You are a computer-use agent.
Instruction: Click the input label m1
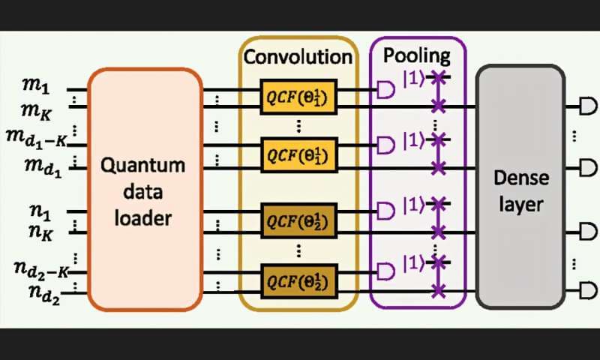pos(34,89)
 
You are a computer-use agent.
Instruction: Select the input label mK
pos(35,111)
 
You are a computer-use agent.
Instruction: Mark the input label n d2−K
pos(38,268)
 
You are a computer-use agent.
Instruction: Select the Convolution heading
pos(298,57)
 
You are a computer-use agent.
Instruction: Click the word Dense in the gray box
pos(520,178)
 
